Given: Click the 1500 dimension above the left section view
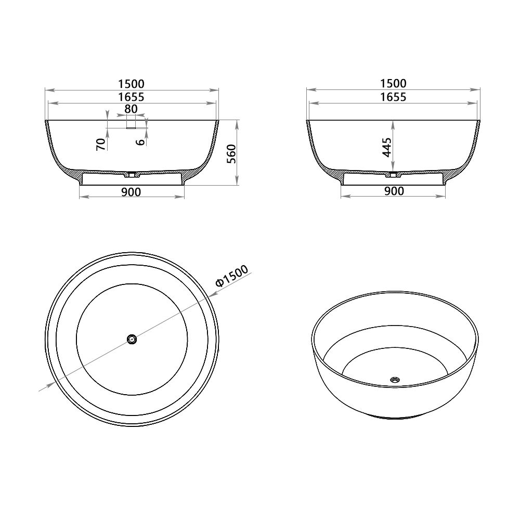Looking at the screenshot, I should click(x=131, y=84).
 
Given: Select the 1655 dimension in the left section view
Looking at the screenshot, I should click(x=131, y=97).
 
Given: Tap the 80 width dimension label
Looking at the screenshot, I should click(x=131, y=109).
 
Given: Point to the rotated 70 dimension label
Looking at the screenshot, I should click(x=101, y=144).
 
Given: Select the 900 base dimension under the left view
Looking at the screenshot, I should click(x=131, y=192).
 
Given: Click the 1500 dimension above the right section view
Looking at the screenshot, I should click(x=393, y=84).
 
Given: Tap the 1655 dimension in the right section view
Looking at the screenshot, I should click(x=393, y=97).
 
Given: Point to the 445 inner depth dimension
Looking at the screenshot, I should click(x=386, y=147).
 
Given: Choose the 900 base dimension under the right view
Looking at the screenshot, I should click(x=394, y=192).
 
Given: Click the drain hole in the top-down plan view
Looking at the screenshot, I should click(x=132, y=339).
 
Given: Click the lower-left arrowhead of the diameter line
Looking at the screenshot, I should click(x=51, y=384).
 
